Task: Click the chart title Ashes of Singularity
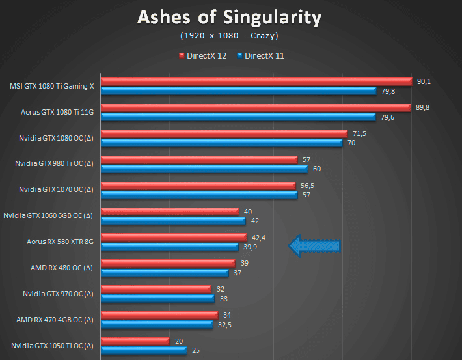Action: pyautogui.click(x=229, y=17)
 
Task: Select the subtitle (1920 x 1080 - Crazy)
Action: pyautogui.click(x=229, y=35)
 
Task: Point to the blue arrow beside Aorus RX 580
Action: pyautogui.click(x=314, y=245)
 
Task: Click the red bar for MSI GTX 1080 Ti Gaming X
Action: pyautogui.click(x=256, y=81)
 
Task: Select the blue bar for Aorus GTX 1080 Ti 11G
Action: pyautogui.click(x=238, y=117)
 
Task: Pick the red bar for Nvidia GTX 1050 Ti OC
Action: pyautogui.click(x=135, y=341)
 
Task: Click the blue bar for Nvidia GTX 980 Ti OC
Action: pyautogui.click(x=204, y=169)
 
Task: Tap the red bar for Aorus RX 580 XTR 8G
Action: pyautogui.click(x=174, y=237)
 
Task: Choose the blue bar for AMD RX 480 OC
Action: pyautogui.click(x=165, y=273)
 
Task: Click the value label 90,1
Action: pyautogui.click(x=424, y=81)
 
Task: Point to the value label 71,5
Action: pyautogui.click(x=359, y=133)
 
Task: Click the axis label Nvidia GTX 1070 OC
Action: pyautogui.click(x=56, y=189)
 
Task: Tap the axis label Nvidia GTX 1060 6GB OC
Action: pyautogui.click(x=48, y=215)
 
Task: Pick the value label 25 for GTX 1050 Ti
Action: pyautogui.click(x=196, y=350)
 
